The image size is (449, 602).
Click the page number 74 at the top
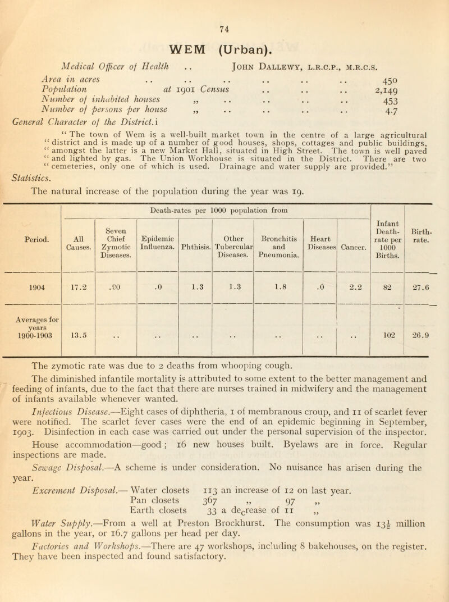(x=224, y=8)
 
